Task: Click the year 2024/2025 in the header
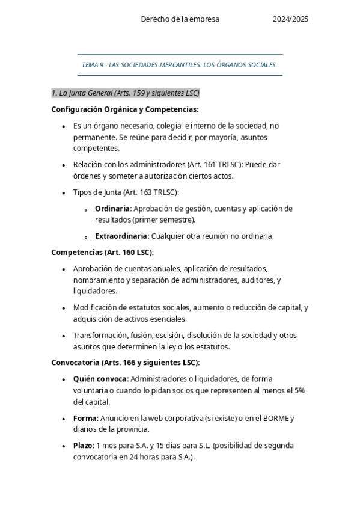[x=290, y=19]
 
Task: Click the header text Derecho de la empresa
[x=180, y=19]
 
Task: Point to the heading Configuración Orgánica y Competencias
[x=125, y=109]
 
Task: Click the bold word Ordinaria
[x=112, y=209]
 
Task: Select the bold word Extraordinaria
[x=121, y=236]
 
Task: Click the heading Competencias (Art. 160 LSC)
[x=103, y=253]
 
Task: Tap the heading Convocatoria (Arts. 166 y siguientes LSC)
[x=126, y=363]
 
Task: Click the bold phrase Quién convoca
[x=100, y=379]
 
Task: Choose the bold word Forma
[x=85, y=418]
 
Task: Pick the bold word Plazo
[x=84, y=446]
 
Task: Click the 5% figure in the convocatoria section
[x=299, y=390]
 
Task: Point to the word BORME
[x=276, y=418]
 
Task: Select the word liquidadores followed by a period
[x=96, y=291]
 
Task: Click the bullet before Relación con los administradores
[x=64, y=165]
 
